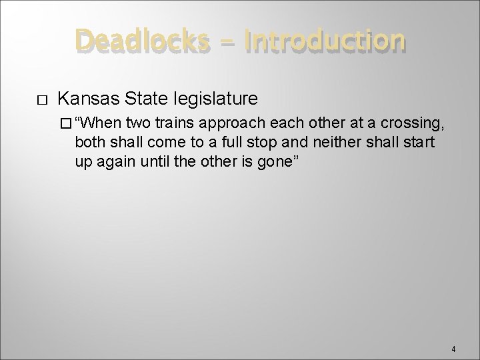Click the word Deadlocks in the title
pos(141,41)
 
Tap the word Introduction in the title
pos(325,41)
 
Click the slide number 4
pos(453,348)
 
